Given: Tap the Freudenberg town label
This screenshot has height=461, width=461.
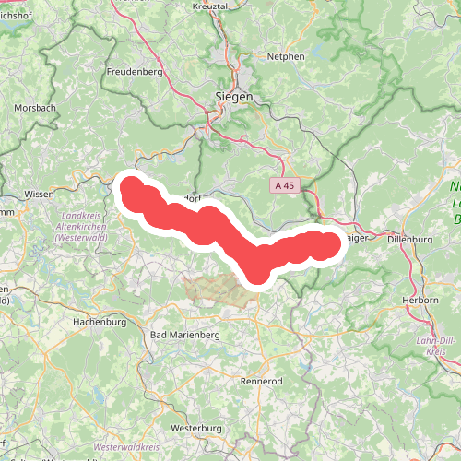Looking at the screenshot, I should (135, 71).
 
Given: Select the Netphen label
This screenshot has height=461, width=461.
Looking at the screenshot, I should (287, 56).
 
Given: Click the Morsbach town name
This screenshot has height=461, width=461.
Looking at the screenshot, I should (35, 108).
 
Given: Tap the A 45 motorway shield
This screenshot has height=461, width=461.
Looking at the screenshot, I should (284, 185).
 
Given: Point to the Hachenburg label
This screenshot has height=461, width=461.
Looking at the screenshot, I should (99, 323).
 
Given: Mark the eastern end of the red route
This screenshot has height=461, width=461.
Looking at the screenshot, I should (330, 244).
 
